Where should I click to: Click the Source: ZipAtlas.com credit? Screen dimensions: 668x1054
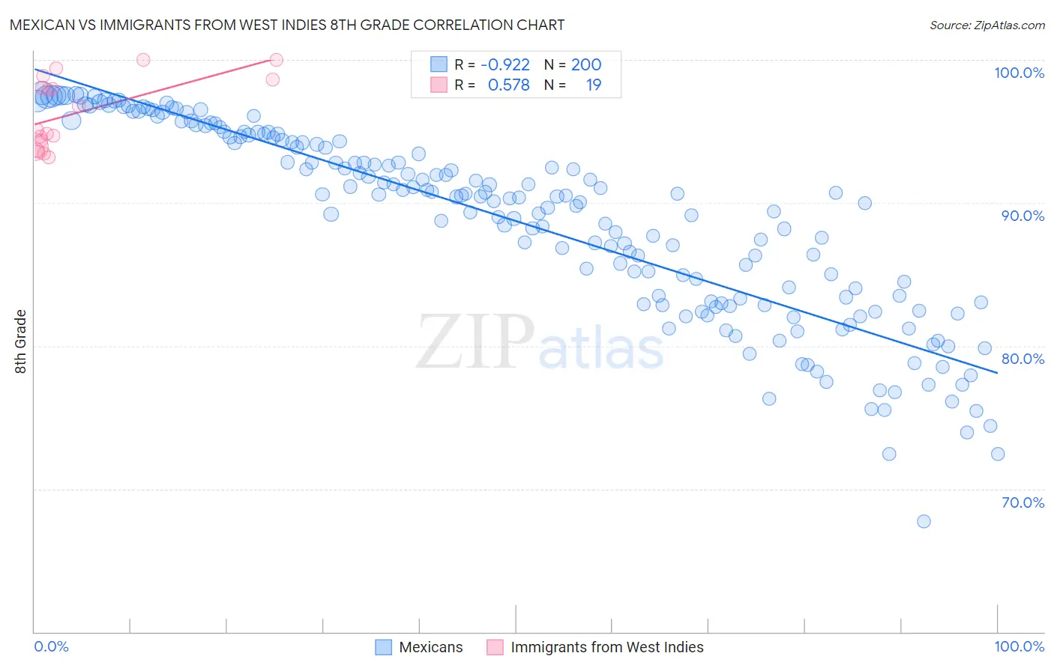[987, 25]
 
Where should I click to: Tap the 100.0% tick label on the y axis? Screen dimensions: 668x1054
[1019, 73]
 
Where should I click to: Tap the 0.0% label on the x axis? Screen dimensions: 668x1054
[51, 646]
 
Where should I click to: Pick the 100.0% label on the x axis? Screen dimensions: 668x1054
[1019, 646]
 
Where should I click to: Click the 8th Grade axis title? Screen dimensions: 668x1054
[20, 341]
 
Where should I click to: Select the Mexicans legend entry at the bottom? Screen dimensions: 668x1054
[430, 647]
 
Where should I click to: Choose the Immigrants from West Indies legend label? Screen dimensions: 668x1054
[606, 647]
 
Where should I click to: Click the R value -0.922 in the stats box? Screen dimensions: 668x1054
[505, 65]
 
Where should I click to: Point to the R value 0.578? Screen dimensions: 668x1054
[508, 85]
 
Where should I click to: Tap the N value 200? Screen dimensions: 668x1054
[586, 65]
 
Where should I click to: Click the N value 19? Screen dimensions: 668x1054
[593, 85]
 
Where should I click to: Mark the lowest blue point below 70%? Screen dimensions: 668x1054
[924, 521]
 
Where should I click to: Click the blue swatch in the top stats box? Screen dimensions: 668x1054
[439, 64]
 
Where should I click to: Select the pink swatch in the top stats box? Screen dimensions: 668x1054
[439, 85]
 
